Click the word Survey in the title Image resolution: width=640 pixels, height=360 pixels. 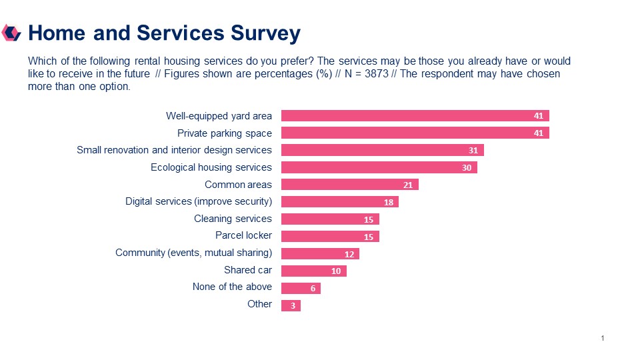tap(265, 33)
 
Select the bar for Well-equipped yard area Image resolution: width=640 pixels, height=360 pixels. tap(415, 115)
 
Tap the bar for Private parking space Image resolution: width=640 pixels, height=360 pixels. tap(415, 133)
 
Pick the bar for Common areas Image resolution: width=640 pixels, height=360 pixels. tap(349, 185)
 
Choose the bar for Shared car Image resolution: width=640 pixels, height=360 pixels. tap(313, 271)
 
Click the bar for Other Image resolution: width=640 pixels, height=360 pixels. tap(291, 305)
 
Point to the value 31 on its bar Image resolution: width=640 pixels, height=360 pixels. tap(473, 151)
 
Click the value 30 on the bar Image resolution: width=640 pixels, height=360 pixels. tap(467, 168)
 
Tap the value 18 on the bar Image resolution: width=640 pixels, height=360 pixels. tap(389, 202)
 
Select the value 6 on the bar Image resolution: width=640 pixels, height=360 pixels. tap(313, 289)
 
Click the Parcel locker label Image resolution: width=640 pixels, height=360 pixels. tap(243, 235)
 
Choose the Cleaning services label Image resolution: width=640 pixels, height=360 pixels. tap(233, 219)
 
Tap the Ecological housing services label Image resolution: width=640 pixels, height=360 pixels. tap(211, 167)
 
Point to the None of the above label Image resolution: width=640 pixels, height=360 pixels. tap(232, 287)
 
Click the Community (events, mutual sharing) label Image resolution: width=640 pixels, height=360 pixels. tap(193, 253)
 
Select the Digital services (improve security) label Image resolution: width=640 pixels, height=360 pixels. tap(199, 201)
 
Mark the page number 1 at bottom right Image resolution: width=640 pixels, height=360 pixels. tap(603, 339)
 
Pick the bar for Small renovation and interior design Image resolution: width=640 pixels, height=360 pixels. tap(382, 150)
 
